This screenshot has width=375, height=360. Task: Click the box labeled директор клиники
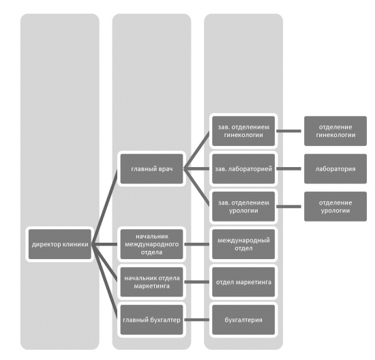point(60,244)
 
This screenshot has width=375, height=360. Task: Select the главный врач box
point(151,169)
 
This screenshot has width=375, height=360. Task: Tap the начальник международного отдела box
point(151,244)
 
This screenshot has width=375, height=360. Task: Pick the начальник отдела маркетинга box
point(151,282)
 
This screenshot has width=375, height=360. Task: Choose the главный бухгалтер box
point(151,320)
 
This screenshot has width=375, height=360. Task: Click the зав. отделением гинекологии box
point(243,131)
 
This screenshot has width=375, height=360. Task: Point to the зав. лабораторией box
point(243,169)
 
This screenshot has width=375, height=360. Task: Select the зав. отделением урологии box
point(243,207)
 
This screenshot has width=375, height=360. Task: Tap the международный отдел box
point(243,244)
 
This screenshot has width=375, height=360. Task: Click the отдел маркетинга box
point(243,282)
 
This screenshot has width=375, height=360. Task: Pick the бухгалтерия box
point(243,320)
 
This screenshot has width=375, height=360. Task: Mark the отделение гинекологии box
point(335,131)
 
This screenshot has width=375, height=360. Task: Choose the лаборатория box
point(335,169)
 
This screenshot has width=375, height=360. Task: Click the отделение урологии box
point(335,207)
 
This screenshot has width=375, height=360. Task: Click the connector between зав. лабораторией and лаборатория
point(288,169)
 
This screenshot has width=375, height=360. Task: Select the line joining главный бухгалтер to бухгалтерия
point(196,320)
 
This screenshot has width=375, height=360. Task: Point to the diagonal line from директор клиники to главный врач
point(104,207)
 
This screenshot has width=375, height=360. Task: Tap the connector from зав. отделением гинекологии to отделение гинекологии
point(288,131)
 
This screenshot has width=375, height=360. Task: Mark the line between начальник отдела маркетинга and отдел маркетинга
point(196,282)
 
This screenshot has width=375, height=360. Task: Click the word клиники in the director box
point(75,245)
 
